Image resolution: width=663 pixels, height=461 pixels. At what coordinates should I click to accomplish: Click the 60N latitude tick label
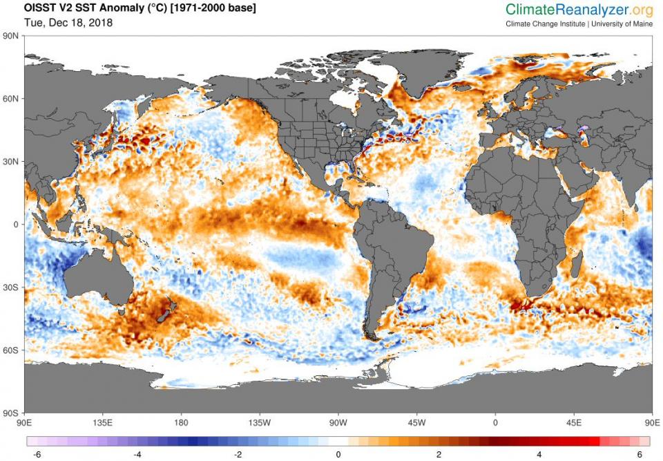click(x=11, y=99)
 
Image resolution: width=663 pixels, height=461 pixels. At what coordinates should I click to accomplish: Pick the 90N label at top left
click(x=11, y=36)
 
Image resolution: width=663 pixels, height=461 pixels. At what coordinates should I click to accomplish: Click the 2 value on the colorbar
click(x=439, y=454)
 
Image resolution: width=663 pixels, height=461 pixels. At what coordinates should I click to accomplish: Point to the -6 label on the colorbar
click(x=36, y=454)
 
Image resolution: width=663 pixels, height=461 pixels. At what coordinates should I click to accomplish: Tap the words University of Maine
click(x=623, y=23)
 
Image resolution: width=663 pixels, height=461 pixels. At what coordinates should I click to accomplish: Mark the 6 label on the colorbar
click(x=640, y=454)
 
